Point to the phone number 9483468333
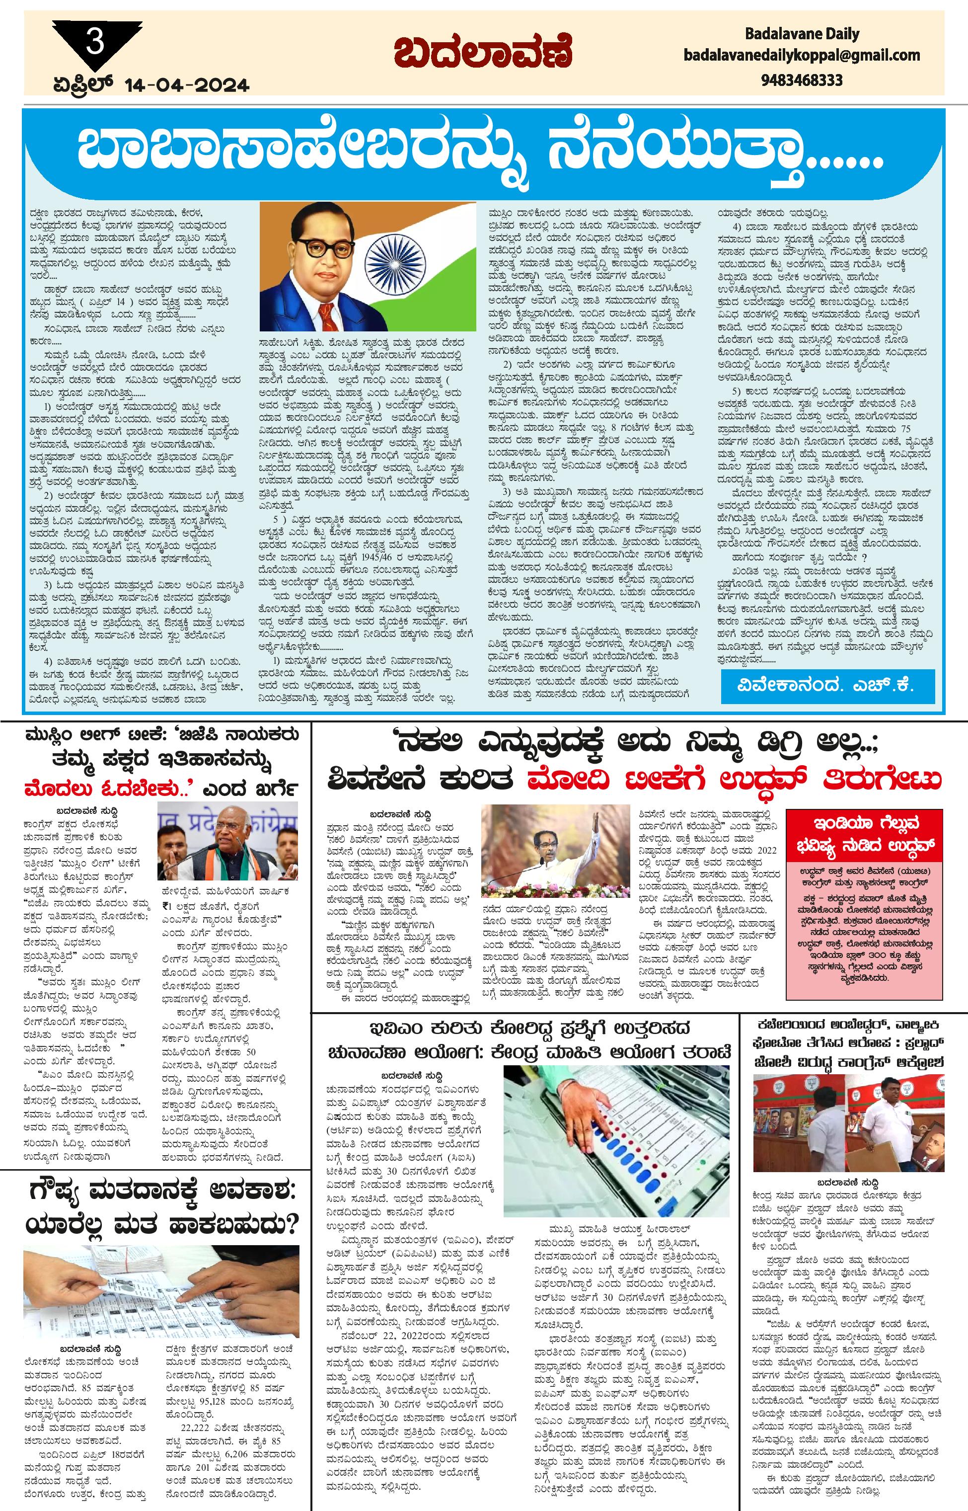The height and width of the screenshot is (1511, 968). (802, 80)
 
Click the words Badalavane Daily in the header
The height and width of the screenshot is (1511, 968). (802, 33)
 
